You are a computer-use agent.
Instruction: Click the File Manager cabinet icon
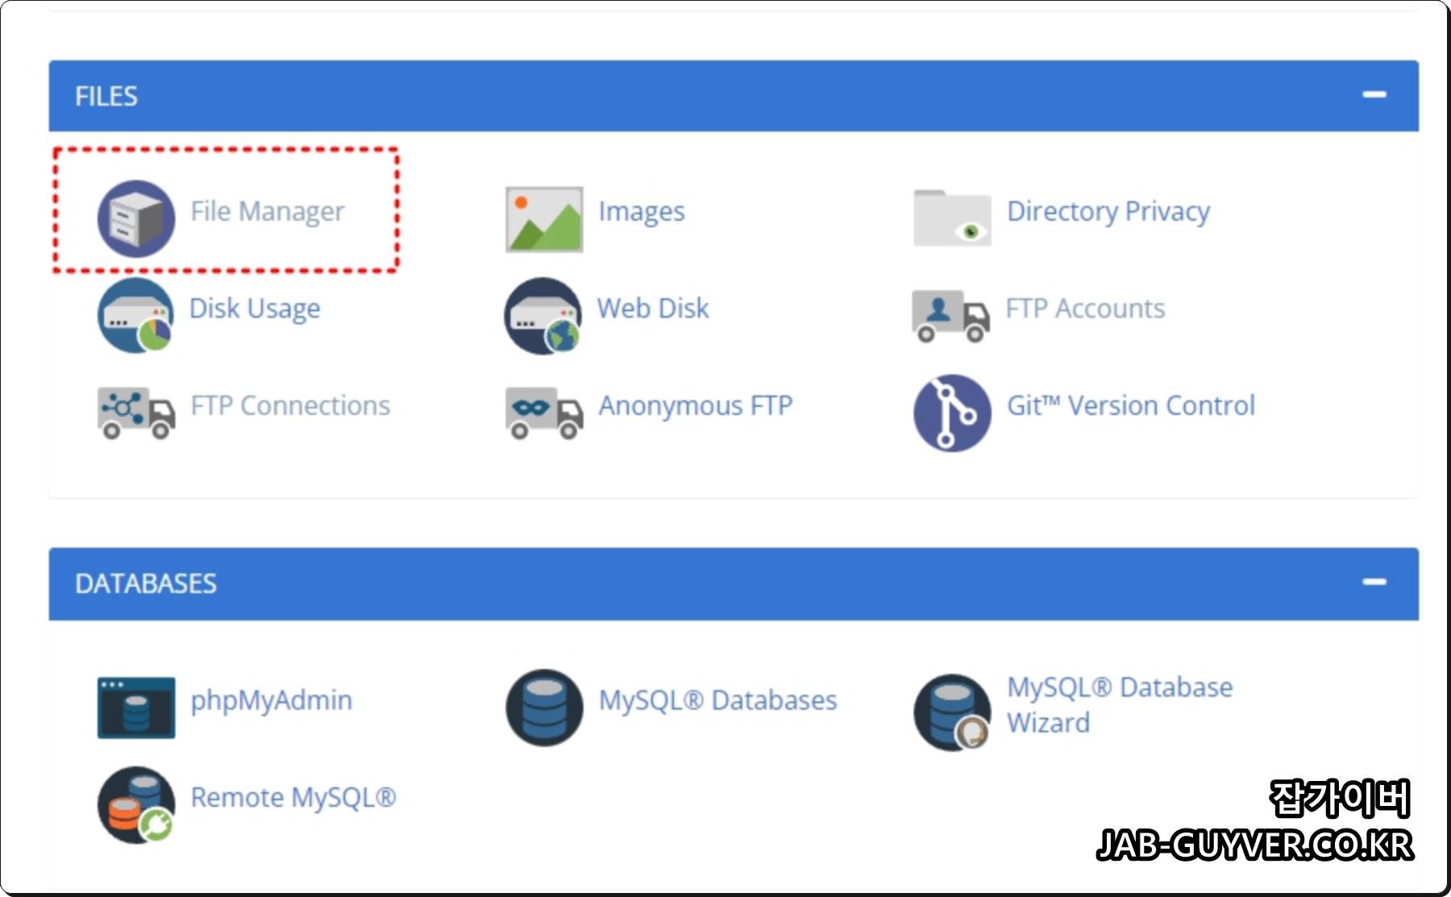click(135, 218)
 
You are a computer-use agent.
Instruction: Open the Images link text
click(641, 211)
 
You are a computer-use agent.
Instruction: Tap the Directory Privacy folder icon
click(952, 218)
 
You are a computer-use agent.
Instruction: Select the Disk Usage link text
click(255, 308)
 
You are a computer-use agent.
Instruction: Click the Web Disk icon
click(543, 315)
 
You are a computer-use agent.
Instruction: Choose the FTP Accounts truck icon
click(950, 315)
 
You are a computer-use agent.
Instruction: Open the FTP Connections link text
click(290, 405)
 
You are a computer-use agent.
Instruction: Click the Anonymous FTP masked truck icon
click(544, 412)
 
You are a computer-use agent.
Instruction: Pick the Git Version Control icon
click(952, 412)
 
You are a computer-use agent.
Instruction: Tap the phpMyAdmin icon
click(136, 707)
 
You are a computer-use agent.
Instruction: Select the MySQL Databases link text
click(717, 700)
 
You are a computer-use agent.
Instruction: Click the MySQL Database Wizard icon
click(952, 712)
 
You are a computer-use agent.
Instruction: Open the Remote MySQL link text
click(293, 797)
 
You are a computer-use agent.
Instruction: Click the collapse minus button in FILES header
click(1374, 95)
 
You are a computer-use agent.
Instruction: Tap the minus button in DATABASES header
click(1374, 582)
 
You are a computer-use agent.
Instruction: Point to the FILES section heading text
click(106, 96)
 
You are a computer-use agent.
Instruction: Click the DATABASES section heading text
click(146, 583)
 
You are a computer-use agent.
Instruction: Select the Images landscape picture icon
click(544, 219)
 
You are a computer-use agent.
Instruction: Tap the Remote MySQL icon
click(136, 804)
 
